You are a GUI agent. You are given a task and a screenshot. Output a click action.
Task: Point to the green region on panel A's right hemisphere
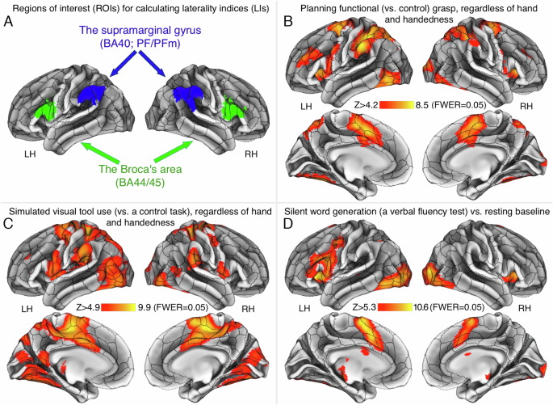235,109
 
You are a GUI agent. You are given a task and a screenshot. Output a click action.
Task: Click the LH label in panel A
31,150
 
